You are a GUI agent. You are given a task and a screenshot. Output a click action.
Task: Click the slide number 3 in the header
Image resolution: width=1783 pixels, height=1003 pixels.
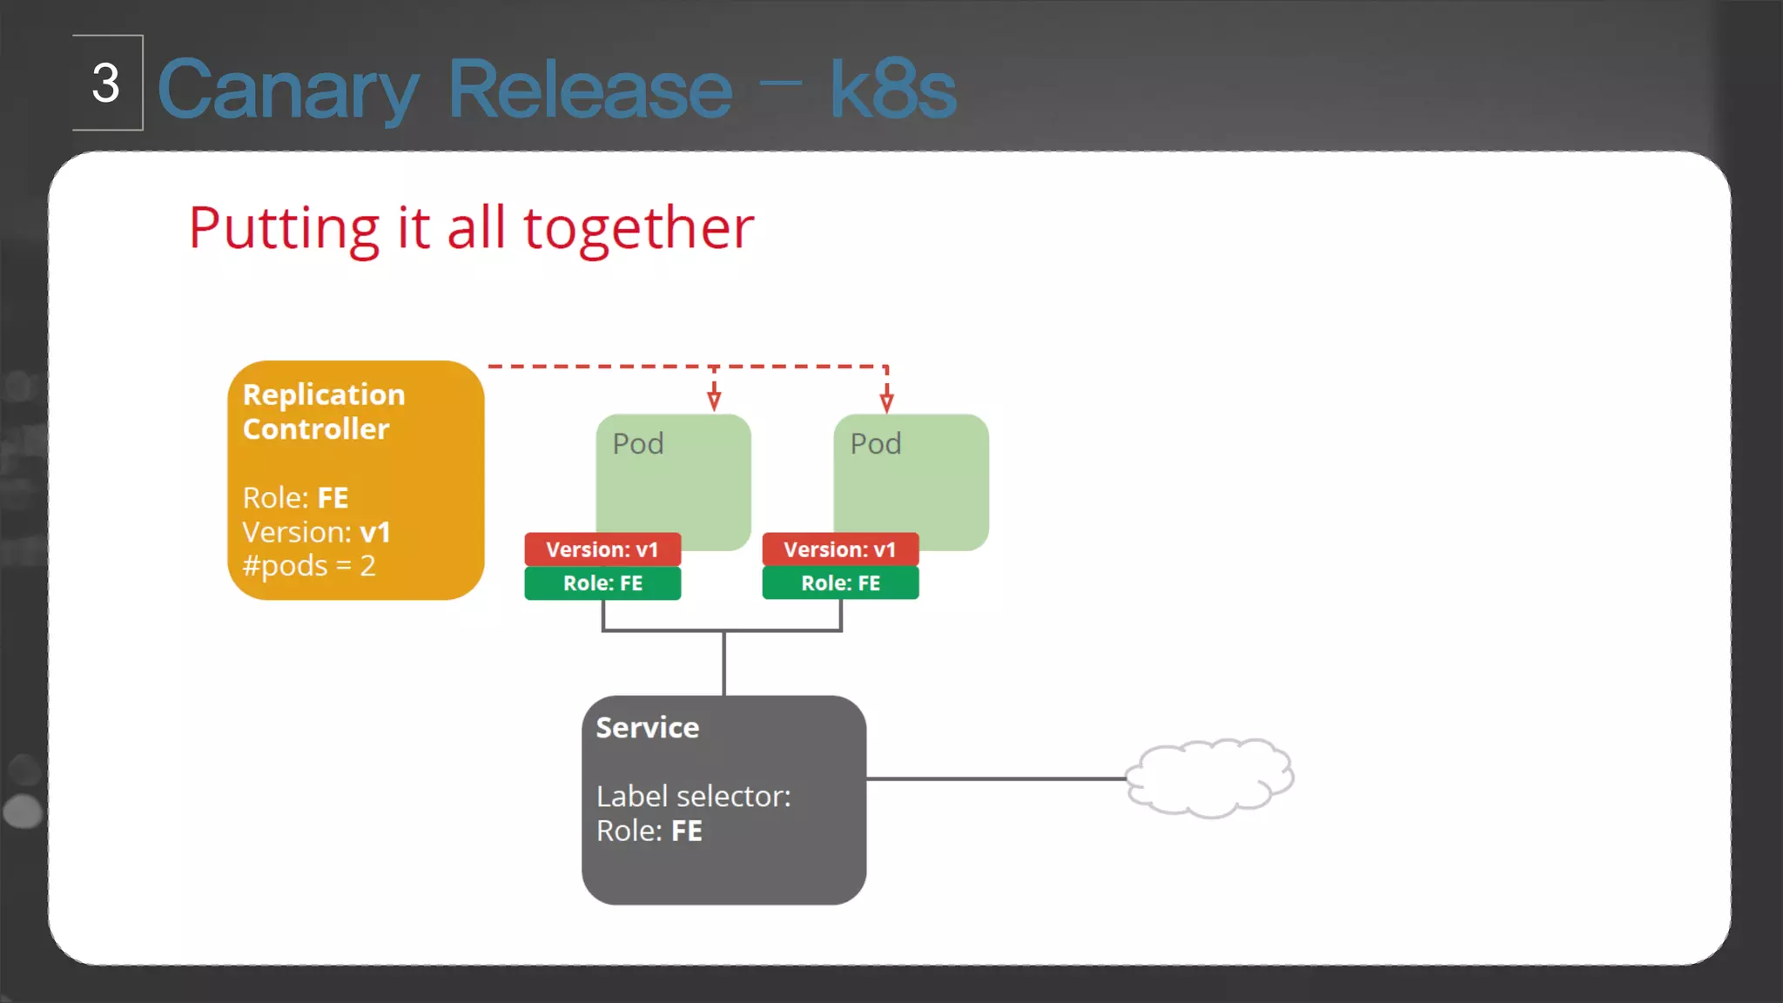pos(106,84)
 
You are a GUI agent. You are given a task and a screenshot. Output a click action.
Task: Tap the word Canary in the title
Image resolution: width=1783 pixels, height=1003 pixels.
pos(288,90)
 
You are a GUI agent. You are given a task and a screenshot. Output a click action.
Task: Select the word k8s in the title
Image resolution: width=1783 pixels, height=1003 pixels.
pos(892,90)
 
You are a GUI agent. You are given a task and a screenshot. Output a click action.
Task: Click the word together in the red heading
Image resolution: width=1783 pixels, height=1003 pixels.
pos(638,228)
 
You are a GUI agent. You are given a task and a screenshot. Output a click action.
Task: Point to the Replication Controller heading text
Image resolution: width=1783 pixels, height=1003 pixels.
pos(323,412)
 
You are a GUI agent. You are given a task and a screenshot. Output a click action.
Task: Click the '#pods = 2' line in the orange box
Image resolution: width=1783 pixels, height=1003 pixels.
pos(309,566)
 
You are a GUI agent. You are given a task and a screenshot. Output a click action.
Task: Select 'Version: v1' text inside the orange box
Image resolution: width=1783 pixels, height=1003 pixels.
pos(316,532)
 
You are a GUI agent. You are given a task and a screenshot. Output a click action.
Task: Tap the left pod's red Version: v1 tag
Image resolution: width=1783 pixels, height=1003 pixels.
pos(602,549)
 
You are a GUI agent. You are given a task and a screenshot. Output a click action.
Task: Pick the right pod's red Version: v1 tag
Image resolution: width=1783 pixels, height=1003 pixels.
pos(840,549)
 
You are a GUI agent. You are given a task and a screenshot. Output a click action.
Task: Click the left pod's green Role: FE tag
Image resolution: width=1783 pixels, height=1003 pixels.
pos(602,583)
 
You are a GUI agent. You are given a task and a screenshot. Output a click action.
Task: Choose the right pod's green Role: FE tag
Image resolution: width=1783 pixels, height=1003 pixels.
pos(840,583)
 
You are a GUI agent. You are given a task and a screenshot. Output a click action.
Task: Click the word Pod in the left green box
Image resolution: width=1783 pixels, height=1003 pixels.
pos(638,444)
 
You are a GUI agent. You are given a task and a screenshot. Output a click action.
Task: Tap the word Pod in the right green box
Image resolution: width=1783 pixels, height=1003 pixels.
pos(876,444)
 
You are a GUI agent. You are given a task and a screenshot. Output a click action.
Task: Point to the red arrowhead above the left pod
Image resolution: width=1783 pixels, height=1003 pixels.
pos(714,401)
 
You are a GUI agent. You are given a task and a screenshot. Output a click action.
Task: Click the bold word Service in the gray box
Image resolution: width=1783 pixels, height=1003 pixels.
pos(648,728)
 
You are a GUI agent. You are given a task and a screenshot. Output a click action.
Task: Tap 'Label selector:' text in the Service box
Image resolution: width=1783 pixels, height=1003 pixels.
pos(694,797)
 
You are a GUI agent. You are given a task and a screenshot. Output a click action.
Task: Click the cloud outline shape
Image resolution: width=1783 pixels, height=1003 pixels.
pos(1209,777)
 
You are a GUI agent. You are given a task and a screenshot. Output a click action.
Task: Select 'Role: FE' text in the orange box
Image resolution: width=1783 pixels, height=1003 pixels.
pos(295,498)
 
